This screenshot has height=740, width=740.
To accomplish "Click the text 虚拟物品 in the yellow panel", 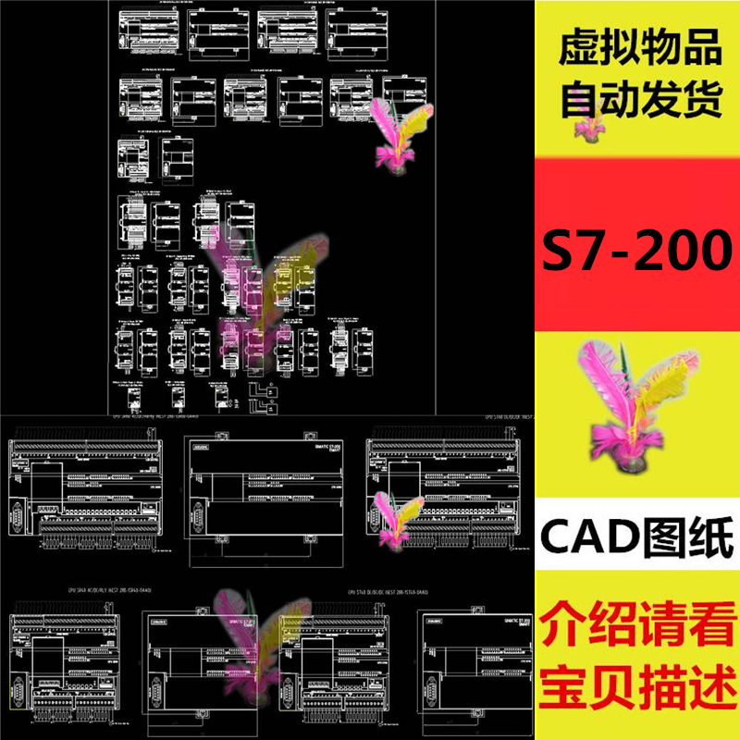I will (x=639, y=53).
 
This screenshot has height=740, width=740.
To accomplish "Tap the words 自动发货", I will (x=639, y=99).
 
